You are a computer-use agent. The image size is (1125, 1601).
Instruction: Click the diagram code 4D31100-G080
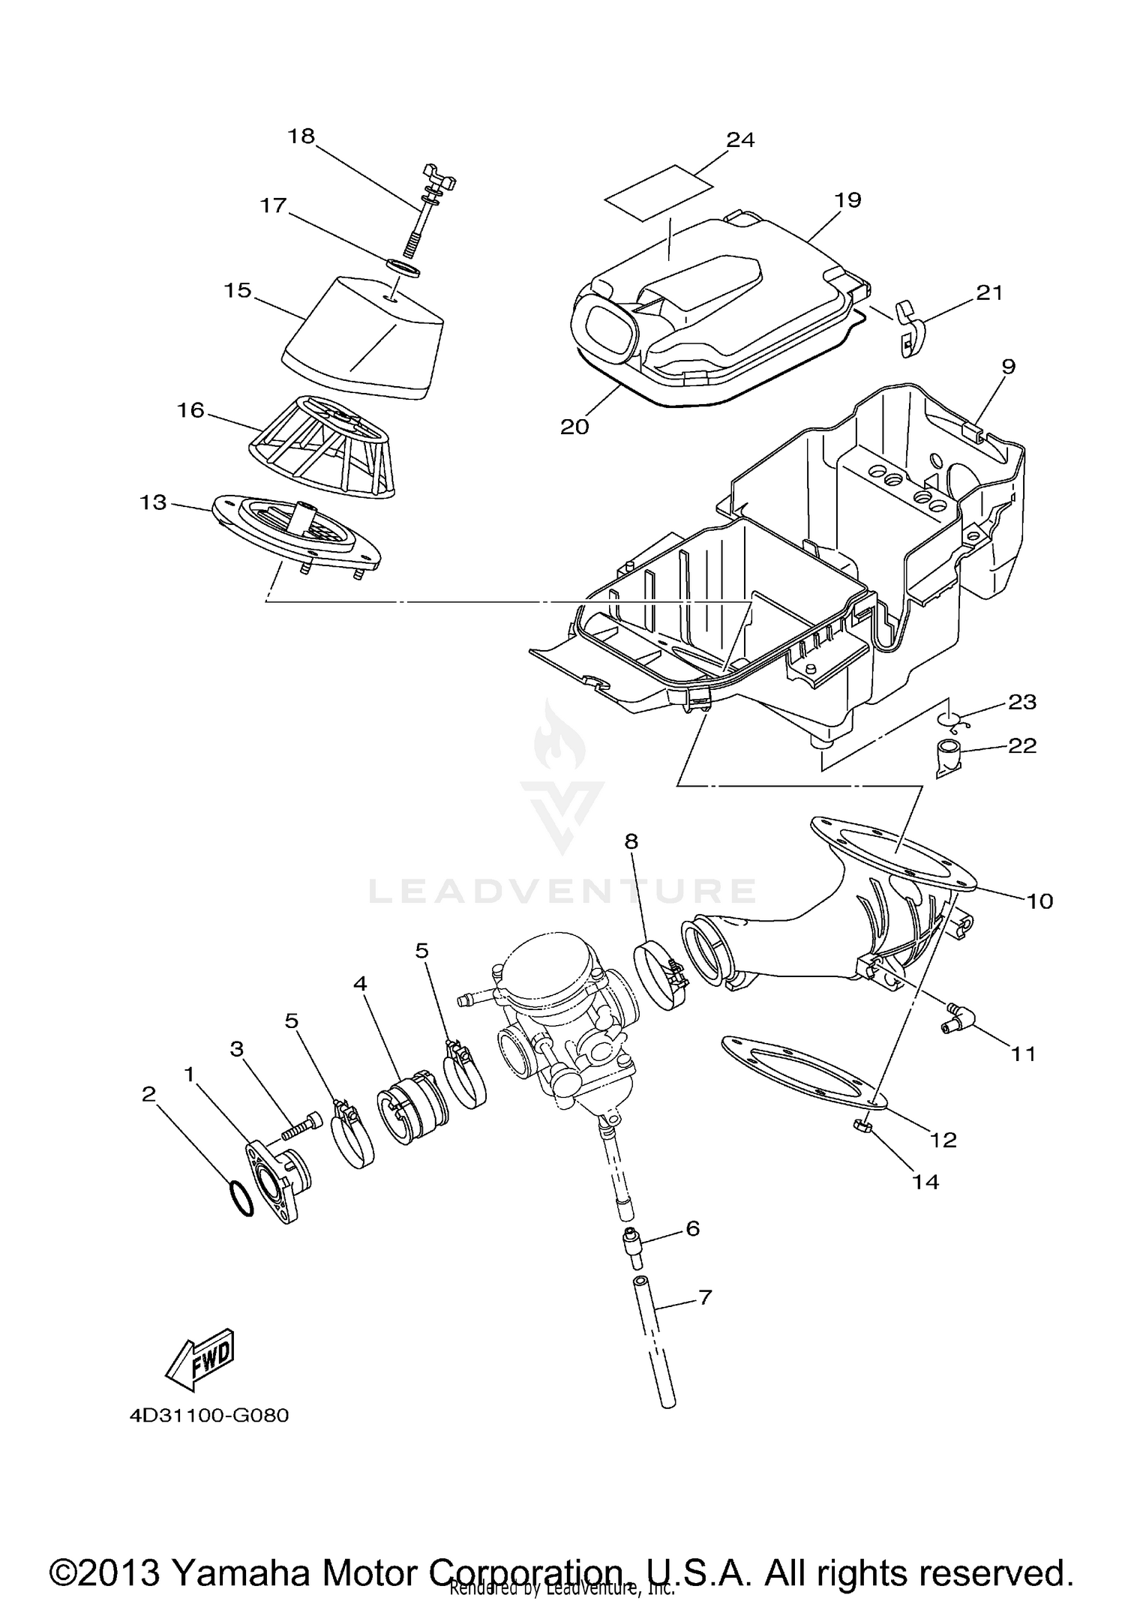tap(209, 1416)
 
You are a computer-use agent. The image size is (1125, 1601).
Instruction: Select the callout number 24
tap(739, 139)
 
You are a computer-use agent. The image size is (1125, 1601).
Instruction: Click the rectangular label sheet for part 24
tap(659, 192)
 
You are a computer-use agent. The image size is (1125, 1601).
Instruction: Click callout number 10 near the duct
tap(1039, 901)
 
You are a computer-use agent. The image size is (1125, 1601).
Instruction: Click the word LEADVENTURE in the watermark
tap(562, 891)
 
